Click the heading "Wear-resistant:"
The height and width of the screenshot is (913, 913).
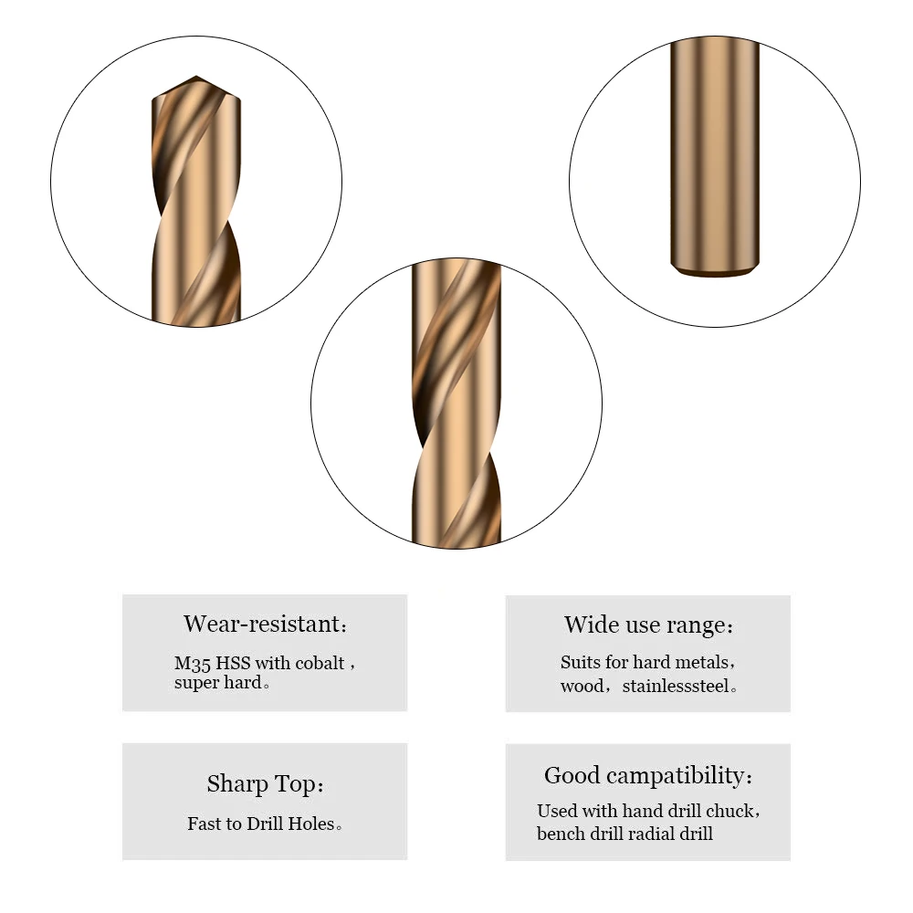[x=265, y=624]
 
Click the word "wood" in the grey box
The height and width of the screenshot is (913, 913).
[x=582, y=686]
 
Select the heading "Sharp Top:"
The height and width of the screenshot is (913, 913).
[x=265, y=784]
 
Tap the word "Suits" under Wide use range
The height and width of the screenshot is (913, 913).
[x=581, y=662]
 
